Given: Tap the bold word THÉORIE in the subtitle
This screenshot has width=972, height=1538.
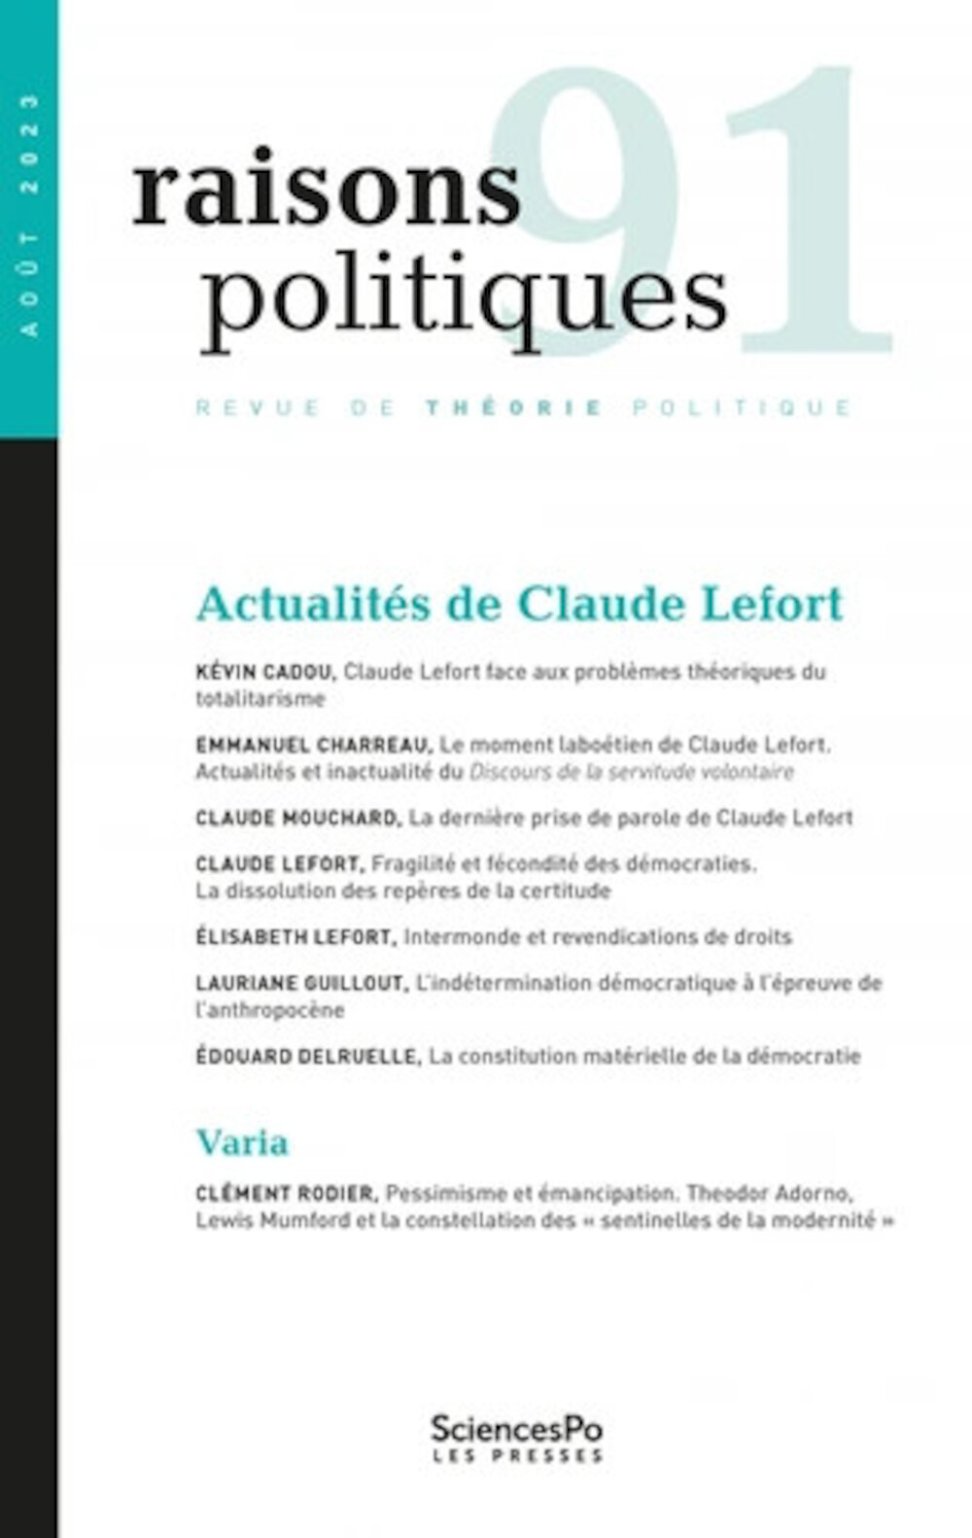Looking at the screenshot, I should (514, 407).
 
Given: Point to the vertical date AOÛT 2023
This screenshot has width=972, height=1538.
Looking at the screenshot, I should (29, 215).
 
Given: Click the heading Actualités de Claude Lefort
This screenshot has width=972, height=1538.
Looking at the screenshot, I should (519, 604).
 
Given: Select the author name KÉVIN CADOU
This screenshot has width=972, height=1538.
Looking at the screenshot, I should (264, 672).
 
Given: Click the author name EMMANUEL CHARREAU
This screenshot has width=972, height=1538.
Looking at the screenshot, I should (312, 746).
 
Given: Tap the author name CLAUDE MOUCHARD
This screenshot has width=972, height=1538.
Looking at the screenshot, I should (296, 819).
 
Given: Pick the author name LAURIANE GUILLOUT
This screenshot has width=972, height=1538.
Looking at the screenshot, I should (300, 983).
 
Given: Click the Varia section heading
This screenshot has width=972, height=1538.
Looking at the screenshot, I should (242, 1142).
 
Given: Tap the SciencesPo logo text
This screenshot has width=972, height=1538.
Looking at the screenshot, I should (516, 1429).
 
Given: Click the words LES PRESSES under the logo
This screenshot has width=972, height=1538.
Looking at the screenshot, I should (517, 1456).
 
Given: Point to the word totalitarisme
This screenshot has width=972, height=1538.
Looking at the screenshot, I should (260, 699).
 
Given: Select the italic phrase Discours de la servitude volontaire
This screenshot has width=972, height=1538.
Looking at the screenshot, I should (631, 772).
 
